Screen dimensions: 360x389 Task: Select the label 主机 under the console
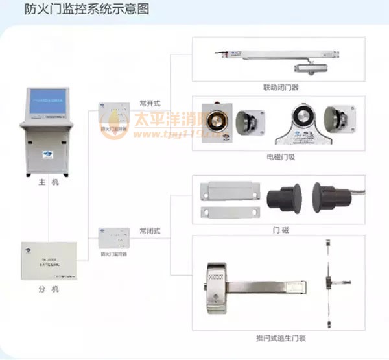[49, 184]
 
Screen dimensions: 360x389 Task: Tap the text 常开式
[150, 104]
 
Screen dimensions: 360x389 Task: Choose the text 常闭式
[150, 230]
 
